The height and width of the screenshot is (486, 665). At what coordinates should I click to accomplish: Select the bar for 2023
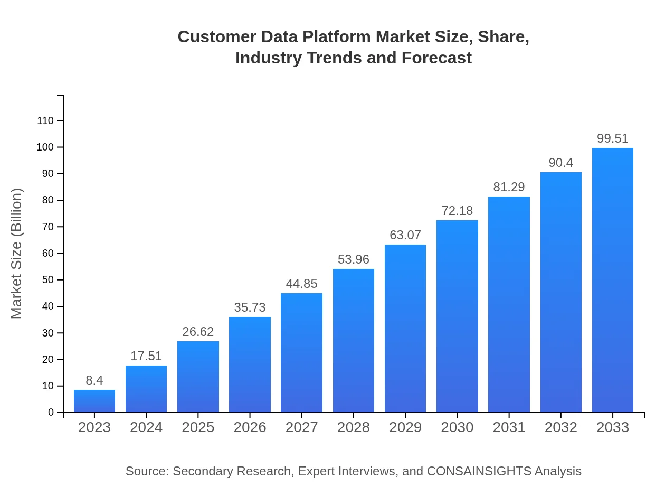click(94, 401)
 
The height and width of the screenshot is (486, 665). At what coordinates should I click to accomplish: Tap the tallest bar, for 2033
click(612, 280)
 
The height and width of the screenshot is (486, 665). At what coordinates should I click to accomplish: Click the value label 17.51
click(146, 356)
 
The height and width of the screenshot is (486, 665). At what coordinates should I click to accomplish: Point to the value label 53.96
click(354, 259)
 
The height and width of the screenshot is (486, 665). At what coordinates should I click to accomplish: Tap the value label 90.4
click(560, 163)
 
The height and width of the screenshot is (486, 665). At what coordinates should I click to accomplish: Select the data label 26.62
click(198, 332)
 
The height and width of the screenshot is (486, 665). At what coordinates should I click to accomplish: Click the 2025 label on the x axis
click(198, 427)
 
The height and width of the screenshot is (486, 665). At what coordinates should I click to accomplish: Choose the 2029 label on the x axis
click(405, 427)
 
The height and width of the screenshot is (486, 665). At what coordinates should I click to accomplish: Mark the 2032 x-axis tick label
click(560, 427)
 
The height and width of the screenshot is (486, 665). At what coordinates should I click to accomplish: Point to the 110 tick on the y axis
click(45, 120)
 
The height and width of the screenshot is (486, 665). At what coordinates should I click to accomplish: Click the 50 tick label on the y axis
click(48, 279)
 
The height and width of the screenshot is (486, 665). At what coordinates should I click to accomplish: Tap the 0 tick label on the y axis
click(51, 412)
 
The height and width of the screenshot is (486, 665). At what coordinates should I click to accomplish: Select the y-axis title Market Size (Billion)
click(17, 254)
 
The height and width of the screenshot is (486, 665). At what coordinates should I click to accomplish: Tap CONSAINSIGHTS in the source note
click(479, 471)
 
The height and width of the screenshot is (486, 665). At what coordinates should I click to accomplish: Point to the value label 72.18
click(457, 211)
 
